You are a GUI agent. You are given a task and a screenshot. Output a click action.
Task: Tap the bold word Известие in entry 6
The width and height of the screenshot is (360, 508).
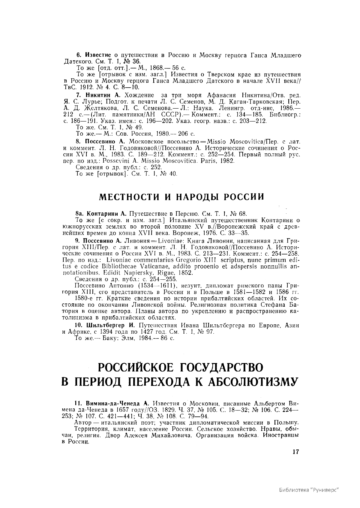tap(99, 55)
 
